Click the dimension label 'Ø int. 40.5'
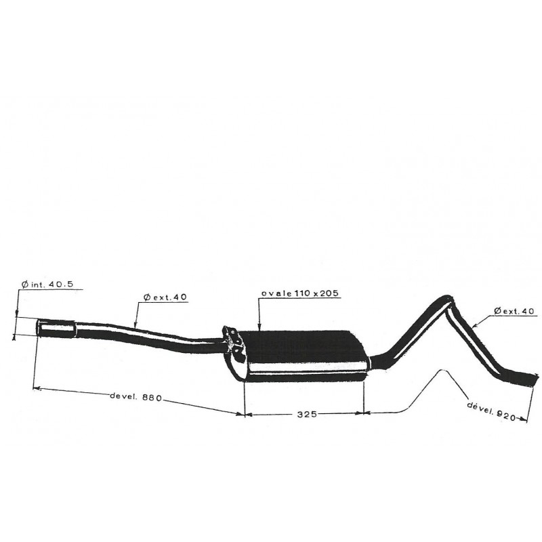tap(47, 285)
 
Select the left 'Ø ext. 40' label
tap(165, 297)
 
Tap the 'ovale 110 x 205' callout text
tap(300, 293)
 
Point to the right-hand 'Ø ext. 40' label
tap(514, 311)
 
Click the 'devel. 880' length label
tap(135, 396)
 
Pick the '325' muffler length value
tap(307, 414)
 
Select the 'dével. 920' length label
tap(491, 411)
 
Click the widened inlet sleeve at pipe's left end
tap(56, 328)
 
